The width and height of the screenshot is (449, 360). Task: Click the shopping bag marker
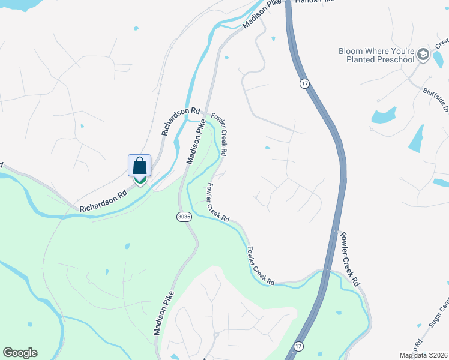coord(139,166)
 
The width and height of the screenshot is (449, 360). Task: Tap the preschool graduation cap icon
coord(423,55)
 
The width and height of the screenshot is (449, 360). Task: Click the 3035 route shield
coord(184,217)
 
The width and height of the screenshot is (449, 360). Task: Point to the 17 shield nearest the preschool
coord(305,84)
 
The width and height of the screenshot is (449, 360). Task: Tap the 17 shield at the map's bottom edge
coord(298,346)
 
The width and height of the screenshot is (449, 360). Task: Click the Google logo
coord(20,353)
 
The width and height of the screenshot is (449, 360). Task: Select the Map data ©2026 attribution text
coord(423,355)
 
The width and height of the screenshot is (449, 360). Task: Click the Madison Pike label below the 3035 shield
coord(164,313)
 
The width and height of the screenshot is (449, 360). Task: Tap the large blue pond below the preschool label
coord(384,115)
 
